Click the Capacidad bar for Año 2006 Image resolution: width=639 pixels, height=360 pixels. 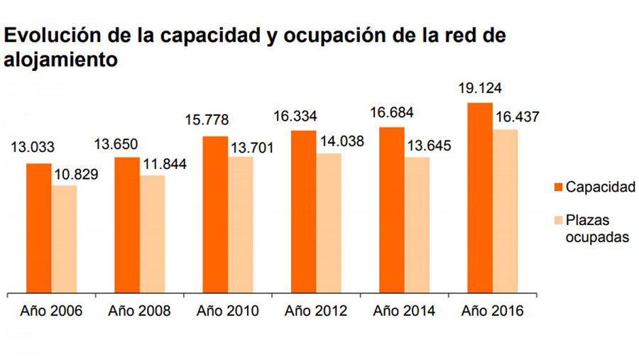coord(39,227)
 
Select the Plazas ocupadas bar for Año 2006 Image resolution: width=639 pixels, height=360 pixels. coord(64,239)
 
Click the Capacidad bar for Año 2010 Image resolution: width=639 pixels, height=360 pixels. coord(215,214)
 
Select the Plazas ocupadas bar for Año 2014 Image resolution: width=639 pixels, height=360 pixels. coord(417,224)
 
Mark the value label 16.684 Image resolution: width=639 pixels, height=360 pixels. coord(391,114)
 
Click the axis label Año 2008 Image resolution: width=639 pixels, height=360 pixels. coord(139,311)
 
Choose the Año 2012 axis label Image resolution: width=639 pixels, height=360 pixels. coord(316,311)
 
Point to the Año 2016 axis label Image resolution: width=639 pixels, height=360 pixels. coord(492,311)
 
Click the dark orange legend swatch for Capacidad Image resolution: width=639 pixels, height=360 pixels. coord(557,187)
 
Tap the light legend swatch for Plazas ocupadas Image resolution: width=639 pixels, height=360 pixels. coord(557,221)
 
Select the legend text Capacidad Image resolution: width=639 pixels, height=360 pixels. coord(600,187)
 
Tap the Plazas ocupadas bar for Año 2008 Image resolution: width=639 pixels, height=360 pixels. coord(152,234)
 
